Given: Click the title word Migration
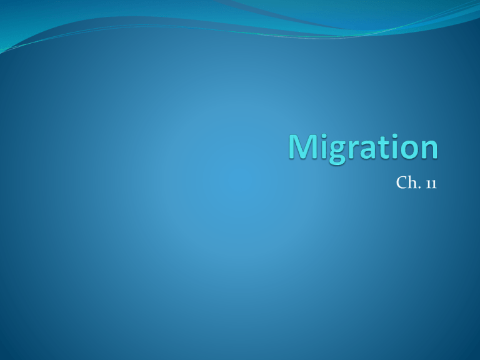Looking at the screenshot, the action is point(363,149).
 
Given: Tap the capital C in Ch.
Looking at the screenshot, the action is point(402,182).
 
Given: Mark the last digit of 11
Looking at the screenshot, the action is point(434,184).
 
